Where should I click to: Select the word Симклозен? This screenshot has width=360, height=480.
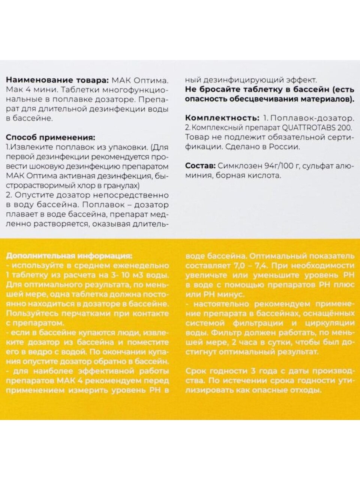[x=235, y=166]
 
